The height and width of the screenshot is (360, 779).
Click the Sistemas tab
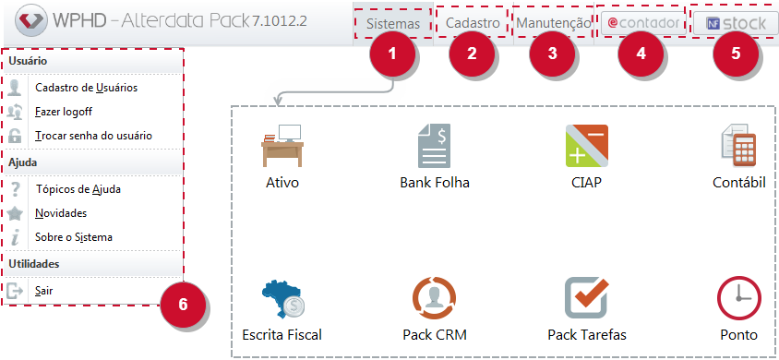point(393,23)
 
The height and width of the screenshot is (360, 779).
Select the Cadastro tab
point(473,23)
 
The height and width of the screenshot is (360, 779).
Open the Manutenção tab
point(554,23)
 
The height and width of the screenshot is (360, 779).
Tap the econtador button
point(643,23)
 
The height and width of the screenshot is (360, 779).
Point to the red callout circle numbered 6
point(183,305)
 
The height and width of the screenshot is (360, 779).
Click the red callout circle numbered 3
point(553,54)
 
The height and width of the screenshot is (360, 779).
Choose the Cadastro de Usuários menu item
point(87,88)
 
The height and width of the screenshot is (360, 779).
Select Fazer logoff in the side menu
point(64,112)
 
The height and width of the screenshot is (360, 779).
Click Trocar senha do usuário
point(93,136)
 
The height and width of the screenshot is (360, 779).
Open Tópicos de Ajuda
point(78,189)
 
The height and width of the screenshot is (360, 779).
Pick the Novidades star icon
point(16,213)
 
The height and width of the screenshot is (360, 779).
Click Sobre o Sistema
point(74,237)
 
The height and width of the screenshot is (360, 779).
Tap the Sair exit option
point(43,291)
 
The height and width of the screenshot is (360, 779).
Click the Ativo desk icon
point(282,146)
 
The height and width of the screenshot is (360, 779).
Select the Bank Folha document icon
point(434,146)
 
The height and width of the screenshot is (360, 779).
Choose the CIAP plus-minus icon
point(587,146)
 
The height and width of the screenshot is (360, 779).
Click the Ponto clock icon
point(738,298)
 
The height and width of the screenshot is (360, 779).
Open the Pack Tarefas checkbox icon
point(587,298)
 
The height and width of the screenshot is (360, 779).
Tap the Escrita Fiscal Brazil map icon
point(283,299)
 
